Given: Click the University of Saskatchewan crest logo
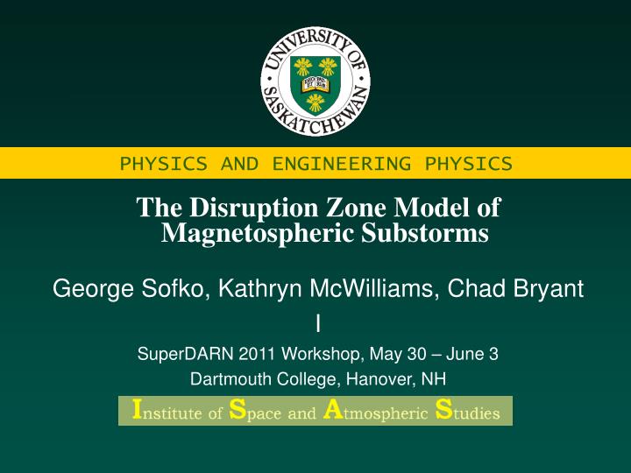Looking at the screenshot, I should pos(315,81).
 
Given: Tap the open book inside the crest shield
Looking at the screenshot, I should pos(315,84).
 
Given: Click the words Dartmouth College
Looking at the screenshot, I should pos(248,378).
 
